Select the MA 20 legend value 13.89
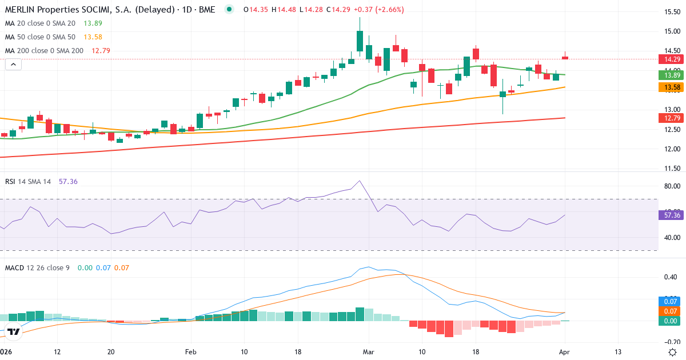click(x=93, y=23)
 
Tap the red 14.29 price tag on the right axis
click(x=670, y=59)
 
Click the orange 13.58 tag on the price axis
click(x=670, y=87)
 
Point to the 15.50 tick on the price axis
click(x=670, y=11)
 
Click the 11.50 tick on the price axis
click(x=670, y=169)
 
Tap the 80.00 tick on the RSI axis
click(x=670, y=186)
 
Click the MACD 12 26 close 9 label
click(x=37, y=267)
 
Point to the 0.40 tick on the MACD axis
click(x=670, y=277)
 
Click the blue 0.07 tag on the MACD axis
click(x=670, y=301)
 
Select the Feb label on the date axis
click(x=190, y=351)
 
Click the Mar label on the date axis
click(x=368, y=351)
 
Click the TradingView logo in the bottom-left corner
click(x=14, y=331)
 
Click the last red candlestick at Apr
click(x=565, y=57)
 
